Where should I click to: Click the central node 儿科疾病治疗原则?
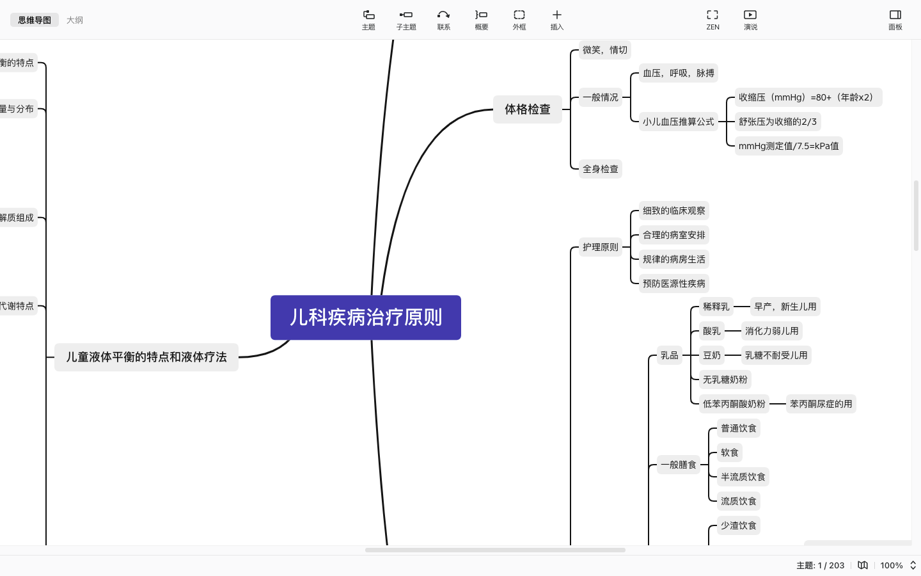coord(365,317)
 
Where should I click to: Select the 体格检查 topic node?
coord(527,109)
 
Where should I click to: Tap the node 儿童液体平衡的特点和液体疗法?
coord(146,357)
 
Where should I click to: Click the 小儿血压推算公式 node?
coord(678,122)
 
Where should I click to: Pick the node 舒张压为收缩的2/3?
coord(777,122)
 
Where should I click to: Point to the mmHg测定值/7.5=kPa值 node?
coord(788,146)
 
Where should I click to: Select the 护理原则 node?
coord(600,247)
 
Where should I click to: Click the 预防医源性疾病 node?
coord(673,284)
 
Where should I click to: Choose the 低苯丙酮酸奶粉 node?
coord(734,404)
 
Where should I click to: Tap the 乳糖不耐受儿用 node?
coord(776,355)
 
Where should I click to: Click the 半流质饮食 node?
coord(743,477)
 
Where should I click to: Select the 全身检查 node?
coord(600,169)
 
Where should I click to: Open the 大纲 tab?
coord(75,20)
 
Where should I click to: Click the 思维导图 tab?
coord(35,20)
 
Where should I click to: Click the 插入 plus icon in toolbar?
coord(556,19)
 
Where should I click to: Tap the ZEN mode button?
coord(712,19)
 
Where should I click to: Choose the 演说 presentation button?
coord(750,19)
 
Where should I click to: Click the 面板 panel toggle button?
coord(895,19)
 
